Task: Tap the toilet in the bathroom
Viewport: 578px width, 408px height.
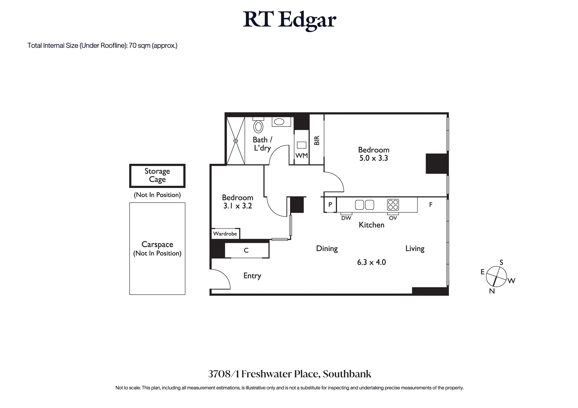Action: (258, 126)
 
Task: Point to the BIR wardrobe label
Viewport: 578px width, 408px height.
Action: (317, 140)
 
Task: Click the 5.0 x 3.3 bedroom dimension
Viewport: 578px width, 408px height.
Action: (374, 158)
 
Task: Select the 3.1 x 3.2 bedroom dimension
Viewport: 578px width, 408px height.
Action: (238, 206)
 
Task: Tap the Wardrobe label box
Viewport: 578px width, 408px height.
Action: (225, 234)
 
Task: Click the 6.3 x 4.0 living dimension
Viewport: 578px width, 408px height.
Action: (371, 262)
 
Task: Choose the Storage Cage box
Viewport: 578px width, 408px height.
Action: (157, 176)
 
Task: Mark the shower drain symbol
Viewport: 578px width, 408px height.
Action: (236, 141)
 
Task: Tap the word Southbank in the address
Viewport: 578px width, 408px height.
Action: (347, 374)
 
